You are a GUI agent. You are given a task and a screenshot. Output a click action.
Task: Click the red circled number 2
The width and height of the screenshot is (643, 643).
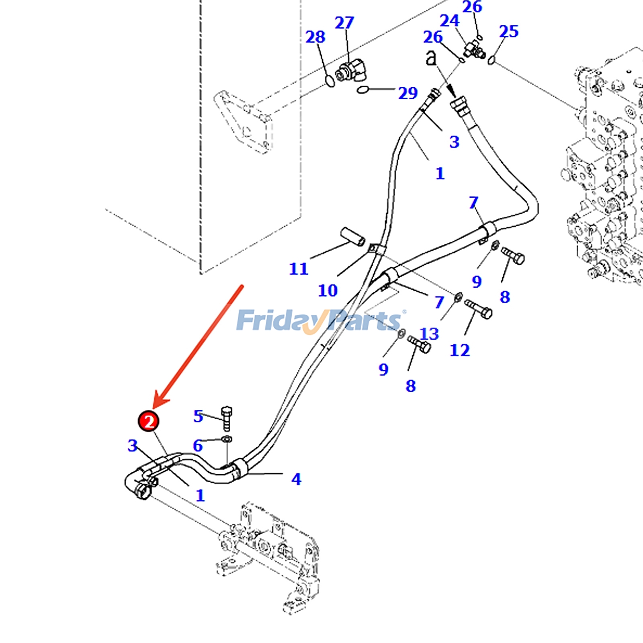pyautogui.click(x=149, y=421)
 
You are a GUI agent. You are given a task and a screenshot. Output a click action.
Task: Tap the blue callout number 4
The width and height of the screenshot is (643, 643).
pyautogui.click(x=296, y=479)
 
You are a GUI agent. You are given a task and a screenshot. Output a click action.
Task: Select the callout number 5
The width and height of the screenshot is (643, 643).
pyautogui.click(x=198, y=416)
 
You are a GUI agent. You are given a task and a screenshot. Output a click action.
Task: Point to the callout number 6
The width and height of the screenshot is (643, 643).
pyautogui.click(x=197, y=445)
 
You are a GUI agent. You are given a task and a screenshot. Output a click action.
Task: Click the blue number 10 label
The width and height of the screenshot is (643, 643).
pyautogui.click(x=328, y=290)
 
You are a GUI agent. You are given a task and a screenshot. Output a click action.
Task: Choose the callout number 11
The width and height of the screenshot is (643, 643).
pyautogui.click(x=299, y=268)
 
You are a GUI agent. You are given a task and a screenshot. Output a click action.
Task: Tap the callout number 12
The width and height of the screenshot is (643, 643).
pyautogui.click(x=460, y=350)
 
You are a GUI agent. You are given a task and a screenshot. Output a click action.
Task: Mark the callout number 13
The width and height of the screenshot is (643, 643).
pyautogui.click(x=429, y=334)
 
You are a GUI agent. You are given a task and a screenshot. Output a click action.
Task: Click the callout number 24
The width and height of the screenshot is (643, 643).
pyautogui.click(x=449, y=20)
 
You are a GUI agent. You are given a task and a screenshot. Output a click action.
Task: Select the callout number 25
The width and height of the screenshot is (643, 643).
pyautogui.click(x=509, y=31)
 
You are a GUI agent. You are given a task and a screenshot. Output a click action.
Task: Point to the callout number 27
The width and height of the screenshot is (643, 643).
pyautogui.click(x=344, y=23)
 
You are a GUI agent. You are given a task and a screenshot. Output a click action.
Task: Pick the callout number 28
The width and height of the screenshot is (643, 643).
pyautogui.click(x=315, y=37)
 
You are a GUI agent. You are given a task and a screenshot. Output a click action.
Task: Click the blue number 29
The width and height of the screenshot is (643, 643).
pyautogui.click(x=408, y=93)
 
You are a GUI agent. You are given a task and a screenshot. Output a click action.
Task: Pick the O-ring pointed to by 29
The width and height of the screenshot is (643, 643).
pyautogui.click(x=363, y=89)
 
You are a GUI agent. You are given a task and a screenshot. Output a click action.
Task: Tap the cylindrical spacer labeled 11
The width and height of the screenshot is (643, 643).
pyautogui.click(x=353, y=236)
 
